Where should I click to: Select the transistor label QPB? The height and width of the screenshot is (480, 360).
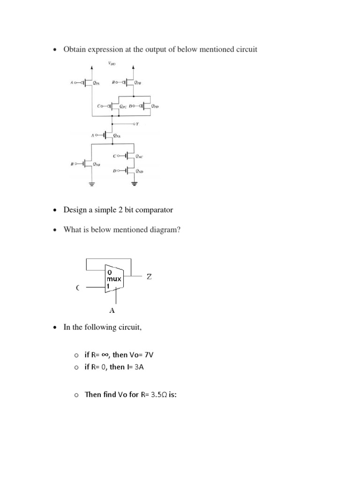[x=137, y=82]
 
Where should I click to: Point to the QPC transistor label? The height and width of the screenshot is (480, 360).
[x=124, y=106]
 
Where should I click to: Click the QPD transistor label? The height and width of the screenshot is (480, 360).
[x=155, y=106]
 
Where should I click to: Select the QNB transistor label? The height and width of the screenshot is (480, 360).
[x=96, y=164]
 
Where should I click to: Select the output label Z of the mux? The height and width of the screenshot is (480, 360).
[x=149, y=277]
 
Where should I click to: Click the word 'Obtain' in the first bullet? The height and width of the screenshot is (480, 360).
[x=75, y=49]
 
